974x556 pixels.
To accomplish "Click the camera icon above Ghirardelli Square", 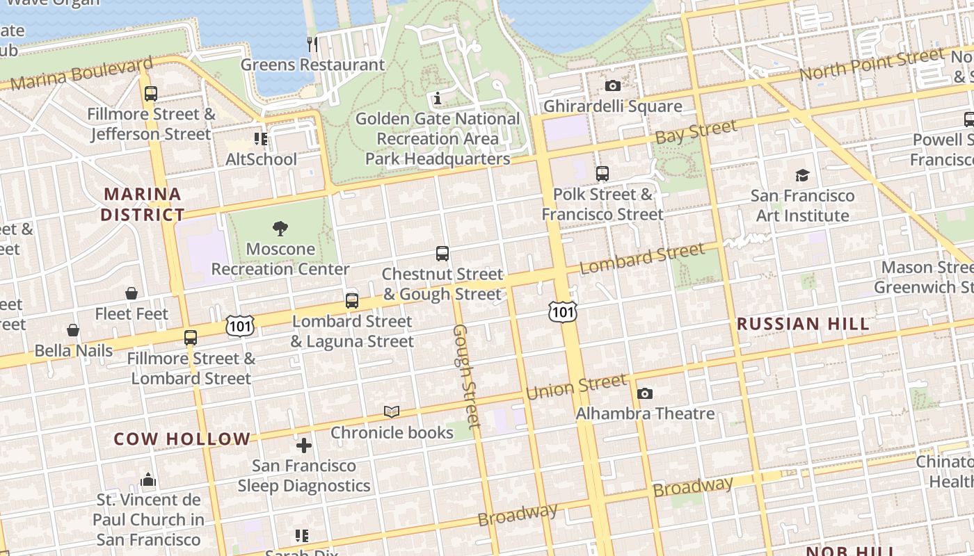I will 612,85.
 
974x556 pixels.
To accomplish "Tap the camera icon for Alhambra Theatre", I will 645,394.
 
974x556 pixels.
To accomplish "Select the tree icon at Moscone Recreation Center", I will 280,229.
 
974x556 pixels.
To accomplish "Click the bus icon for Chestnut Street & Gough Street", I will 442,254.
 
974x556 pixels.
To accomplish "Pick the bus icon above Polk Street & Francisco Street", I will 602,174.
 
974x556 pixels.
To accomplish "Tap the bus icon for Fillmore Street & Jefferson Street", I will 151,93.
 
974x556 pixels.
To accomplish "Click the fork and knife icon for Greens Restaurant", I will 312,44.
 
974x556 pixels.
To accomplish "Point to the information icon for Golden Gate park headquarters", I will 438,99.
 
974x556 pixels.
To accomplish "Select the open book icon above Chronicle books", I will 392,412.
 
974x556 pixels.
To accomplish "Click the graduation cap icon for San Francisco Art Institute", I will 802,175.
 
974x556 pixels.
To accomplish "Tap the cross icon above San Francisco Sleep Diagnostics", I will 304,445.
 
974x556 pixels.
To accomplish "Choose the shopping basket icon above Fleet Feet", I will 131,294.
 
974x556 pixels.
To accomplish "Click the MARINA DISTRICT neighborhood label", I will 143,204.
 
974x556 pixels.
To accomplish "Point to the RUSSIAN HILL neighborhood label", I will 803,324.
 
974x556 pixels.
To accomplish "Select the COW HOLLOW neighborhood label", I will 182,439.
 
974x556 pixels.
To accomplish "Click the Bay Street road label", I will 696,132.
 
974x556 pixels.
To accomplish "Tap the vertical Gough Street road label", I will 466,376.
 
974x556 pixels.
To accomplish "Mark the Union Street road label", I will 576,387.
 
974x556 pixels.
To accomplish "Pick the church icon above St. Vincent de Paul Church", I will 148,480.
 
